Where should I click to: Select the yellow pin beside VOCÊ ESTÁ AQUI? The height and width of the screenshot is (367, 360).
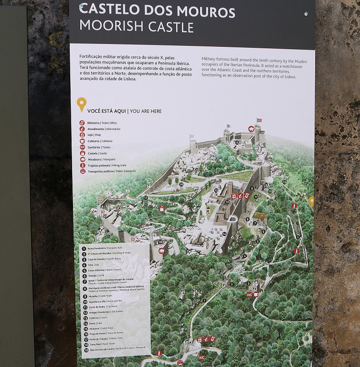coord(82,104)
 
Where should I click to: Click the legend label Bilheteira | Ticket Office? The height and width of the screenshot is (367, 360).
coord(102,123)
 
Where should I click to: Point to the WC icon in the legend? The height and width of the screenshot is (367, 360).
coord(83,147)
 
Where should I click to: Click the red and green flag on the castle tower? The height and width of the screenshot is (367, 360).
coord(259,119)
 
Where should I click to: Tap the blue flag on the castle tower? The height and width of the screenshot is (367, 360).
coord(228,126)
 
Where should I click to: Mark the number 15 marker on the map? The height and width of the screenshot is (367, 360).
coord(237,142)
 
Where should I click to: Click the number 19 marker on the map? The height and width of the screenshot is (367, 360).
coord(285,182)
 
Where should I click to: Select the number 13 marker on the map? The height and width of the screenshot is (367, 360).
coord(256,196)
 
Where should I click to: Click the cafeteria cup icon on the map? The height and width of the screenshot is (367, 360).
coord(256,294)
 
